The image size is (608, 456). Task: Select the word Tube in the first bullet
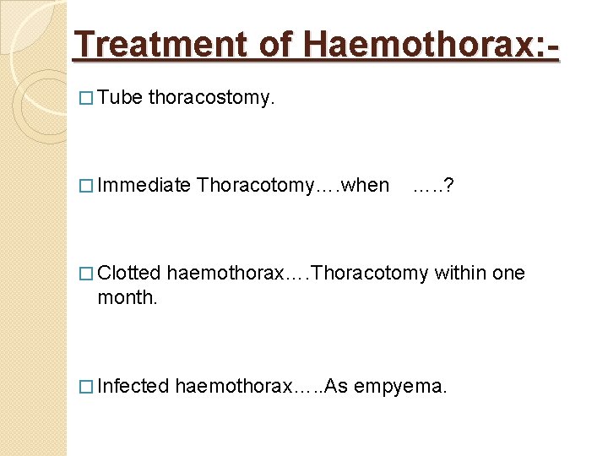pyautogui.click(x=120, y=98)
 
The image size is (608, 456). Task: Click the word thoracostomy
pyautogui.click(x=212, y=99)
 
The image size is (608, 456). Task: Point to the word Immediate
pyautogui.click(x=144, y=185)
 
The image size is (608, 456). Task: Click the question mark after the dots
pyautogui.click(x=448, y=185)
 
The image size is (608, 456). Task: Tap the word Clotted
pyautogui.click(x=129, y=273)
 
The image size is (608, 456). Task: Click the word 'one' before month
pyautogui.click(x=508, y=273)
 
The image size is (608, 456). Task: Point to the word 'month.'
pyautogui.click(x=128, y=298)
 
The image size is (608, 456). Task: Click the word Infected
pyautogui.click(x=133, y=386)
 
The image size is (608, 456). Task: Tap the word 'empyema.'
pyautogui.click(x=401, y=387)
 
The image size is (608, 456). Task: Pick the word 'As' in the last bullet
pyautogui.click(x=335, y=386)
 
